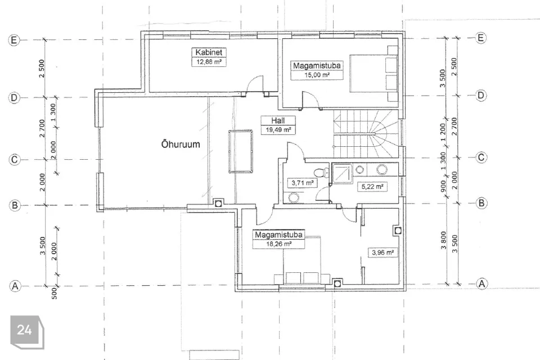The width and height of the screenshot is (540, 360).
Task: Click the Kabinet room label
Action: click(209, 52)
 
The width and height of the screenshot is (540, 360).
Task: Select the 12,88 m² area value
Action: click(209, 62)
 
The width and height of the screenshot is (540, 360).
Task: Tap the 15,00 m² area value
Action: click(317, 75)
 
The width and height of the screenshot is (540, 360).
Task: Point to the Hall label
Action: click(278, 120)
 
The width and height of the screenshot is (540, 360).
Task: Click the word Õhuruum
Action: click(181, 144)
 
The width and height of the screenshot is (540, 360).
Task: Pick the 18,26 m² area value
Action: click(279, 244)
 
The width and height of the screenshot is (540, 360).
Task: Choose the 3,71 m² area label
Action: click(302, 183)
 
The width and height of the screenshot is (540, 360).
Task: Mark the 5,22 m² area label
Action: click(372, 187)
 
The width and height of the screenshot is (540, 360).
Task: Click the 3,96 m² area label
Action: click(382, 253)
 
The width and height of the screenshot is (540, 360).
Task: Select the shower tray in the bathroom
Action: click(343, 174)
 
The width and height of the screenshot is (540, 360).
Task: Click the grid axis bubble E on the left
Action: click(13, 40)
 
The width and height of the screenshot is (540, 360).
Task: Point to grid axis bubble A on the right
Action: click(482, 283)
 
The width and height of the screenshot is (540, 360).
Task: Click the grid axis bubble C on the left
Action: click(14, 160)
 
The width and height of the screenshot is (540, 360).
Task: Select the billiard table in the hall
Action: click(240, 151)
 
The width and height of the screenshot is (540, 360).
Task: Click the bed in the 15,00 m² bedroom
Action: click(374, 73)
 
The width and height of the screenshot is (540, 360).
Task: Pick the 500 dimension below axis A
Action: click(54, 293)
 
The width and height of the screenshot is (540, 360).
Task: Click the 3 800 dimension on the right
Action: click(443, 240)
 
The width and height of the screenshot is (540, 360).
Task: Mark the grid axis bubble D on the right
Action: click(481, 95)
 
